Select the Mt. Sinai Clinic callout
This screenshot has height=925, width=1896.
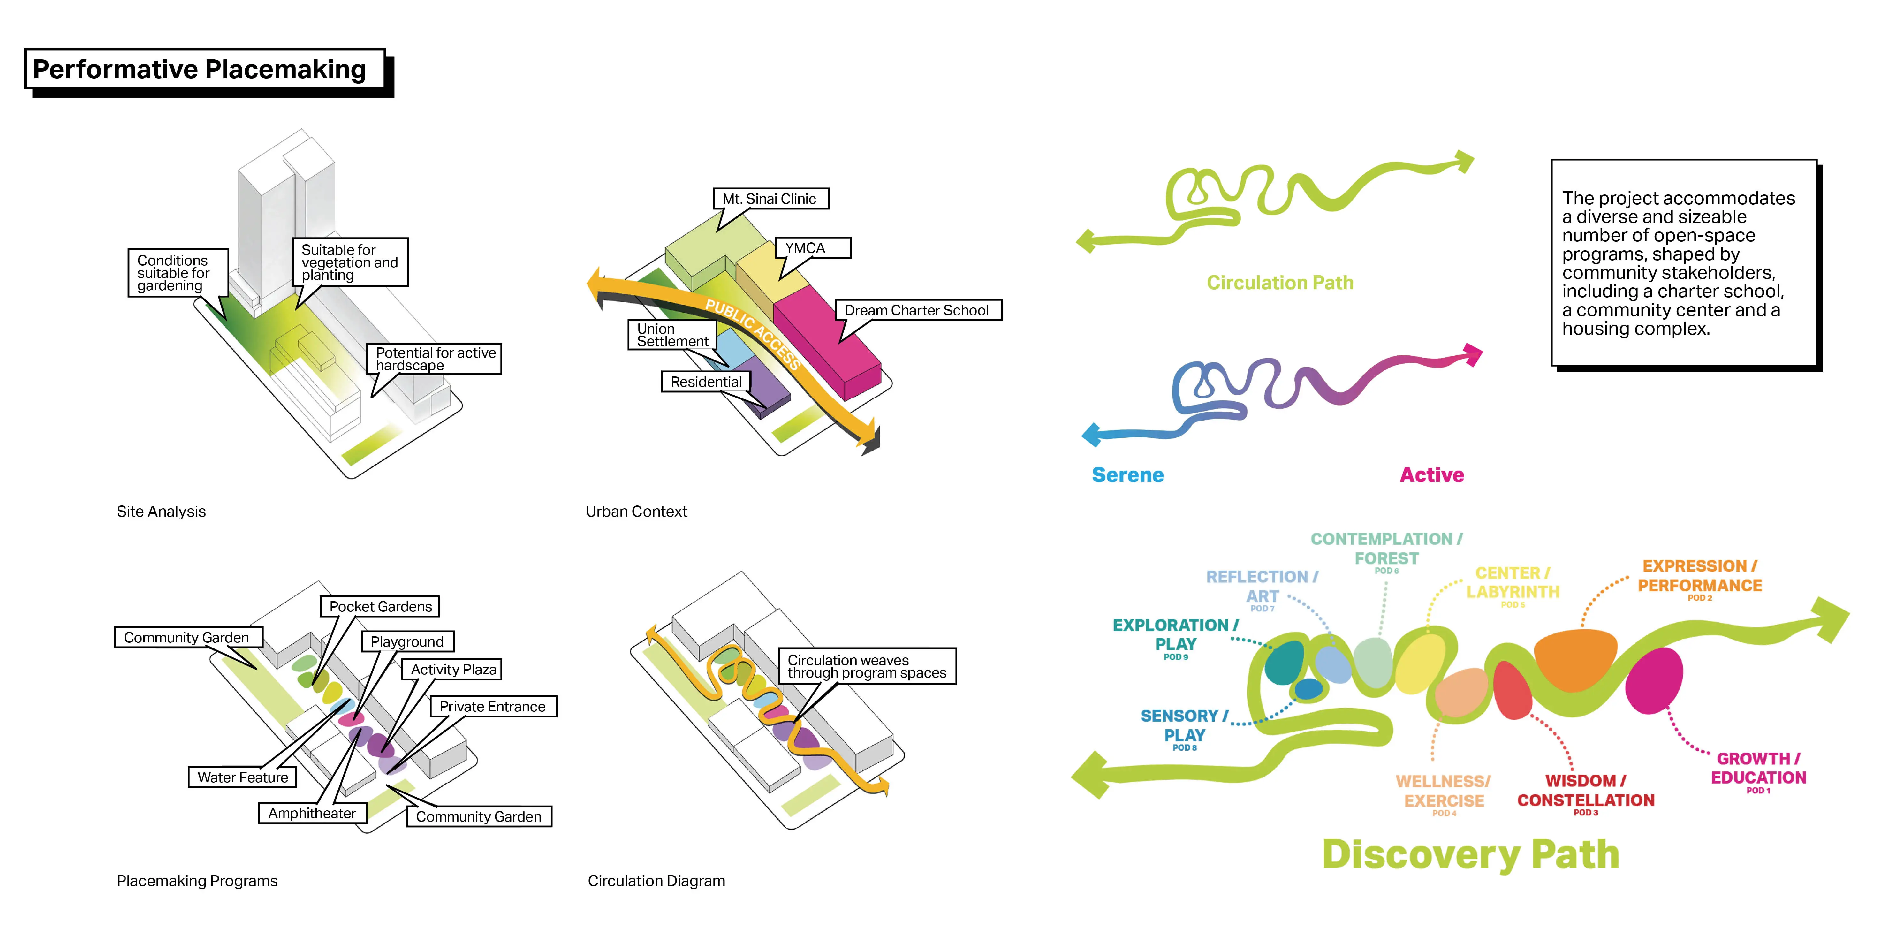coord(769,199)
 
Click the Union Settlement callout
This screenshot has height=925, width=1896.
coord(672,335)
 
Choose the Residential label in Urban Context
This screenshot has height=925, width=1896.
coord(705,381)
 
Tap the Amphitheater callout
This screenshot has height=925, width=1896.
coord(312,812)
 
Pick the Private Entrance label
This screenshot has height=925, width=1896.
coord(492,707)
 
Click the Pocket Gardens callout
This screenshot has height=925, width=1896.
coord(380,606)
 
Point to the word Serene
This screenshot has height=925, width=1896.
coord(1127,475)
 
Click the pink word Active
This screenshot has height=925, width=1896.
coord(1431,475)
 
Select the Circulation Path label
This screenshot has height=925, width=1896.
coord(1280,283)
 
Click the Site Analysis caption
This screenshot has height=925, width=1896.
coord(161,512)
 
